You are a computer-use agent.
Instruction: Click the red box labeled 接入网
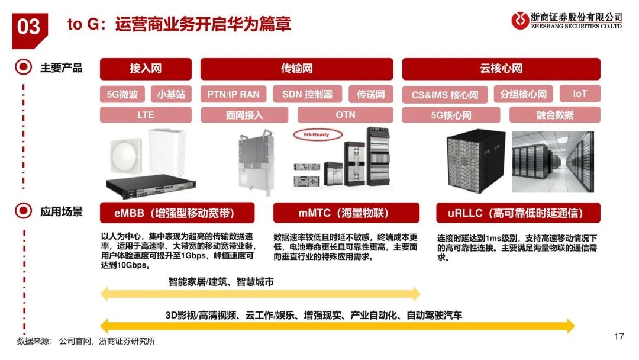point(146,69)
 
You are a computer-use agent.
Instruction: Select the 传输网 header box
point(296,69)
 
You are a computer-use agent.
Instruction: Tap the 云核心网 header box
point(501,69)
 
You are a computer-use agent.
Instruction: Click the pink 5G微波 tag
point(122,94)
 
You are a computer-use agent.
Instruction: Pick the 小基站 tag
point(171,94)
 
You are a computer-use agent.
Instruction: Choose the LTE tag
point(146,115)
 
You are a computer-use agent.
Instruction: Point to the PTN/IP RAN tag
point(234,94)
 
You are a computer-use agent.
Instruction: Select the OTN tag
point(346,115)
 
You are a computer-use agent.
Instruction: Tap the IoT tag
point(580,94)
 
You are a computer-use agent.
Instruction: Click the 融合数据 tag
point(554,115)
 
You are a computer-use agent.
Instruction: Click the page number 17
point(619,337)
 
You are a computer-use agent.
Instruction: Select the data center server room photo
point(552,160)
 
